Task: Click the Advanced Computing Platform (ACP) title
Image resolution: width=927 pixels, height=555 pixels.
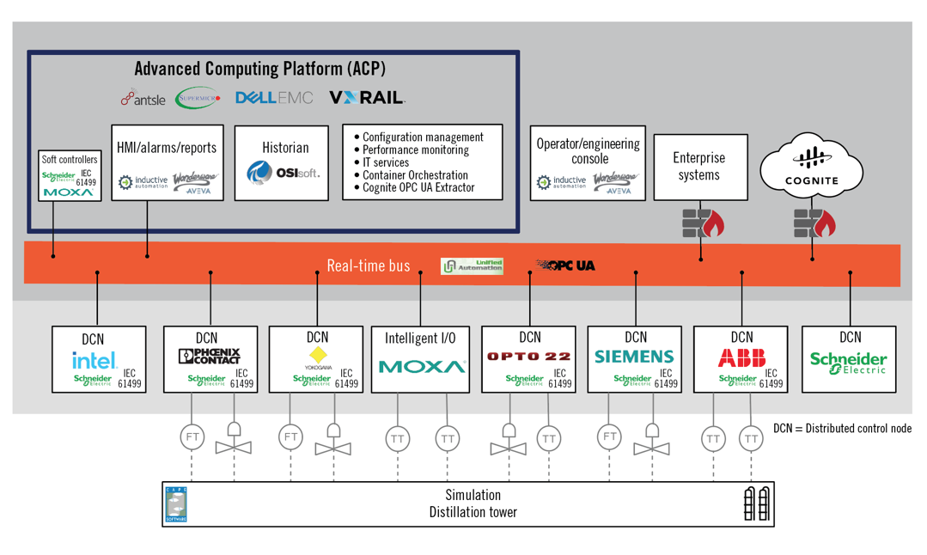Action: (x=259, y=69)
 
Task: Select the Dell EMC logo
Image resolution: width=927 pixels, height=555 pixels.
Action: (x=274, y=99)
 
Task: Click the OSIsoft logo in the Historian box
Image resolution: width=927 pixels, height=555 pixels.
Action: (x=284, y=173)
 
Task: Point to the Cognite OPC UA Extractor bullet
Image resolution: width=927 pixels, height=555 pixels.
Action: (x=418, y=188)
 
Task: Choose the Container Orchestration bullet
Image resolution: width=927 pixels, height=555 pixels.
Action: (x=415, y=175)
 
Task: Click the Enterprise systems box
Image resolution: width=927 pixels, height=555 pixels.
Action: (x=699, y=167)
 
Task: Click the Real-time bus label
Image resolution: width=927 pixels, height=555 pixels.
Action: (x=368, y=265)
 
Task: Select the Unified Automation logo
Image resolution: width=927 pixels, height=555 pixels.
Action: (x=472, y=266)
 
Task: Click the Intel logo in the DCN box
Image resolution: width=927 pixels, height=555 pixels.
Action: (x=94, y=361)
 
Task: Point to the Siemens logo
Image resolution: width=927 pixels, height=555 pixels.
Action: (x=634, y=357)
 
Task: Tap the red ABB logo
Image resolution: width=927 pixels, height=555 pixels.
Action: (x=741, y=357)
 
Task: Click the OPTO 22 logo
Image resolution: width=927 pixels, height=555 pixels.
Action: (x=528, y=357)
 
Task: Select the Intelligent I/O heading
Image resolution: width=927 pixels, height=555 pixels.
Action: (x=420, y=338)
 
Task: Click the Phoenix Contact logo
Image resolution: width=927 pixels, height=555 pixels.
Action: (x=209, y=356)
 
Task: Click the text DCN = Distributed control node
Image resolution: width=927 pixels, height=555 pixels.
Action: (x=842, y=428)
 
